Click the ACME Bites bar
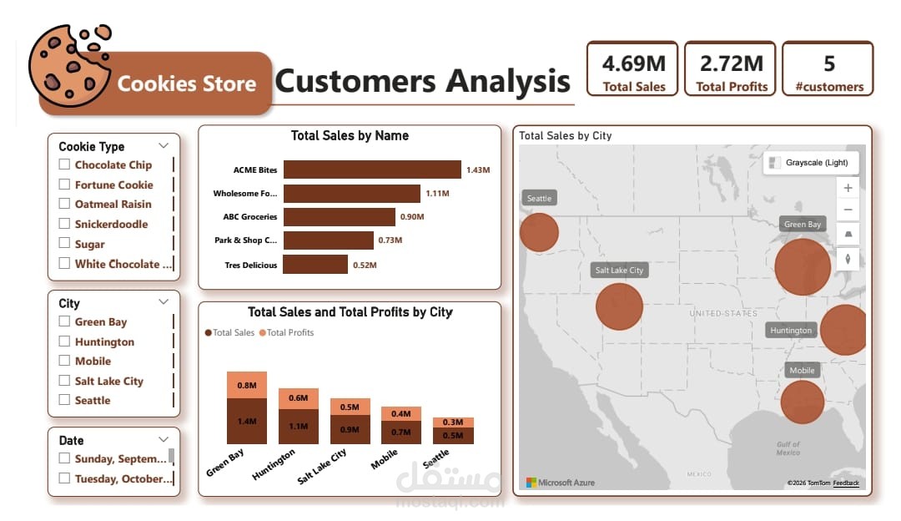[372, 169]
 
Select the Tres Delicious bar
[315, 264]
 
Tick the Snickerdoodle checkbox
[64, 224]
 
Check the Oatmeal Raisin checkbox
[64, 204]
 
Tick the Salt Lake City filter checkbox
[64, 381]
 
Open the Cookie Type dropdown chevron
[163, 146]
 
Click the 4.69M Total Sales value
[634, 63]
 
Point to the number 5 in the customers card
[828, 63]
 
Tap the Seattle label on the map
[539, 199]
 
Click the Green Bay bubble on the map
[803, 266]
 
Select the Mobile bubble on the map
[802, 402]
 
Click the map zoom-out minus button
[848, 210]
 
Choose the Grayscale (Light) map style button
[811, 163]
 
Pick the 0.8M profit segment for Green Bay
[247, 385]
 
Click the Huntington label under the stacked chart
[274, 465]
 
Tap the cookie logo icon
[69, 64]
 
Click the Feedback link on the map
[845, 483]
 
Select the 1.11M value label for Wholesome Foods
[437, 194]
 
